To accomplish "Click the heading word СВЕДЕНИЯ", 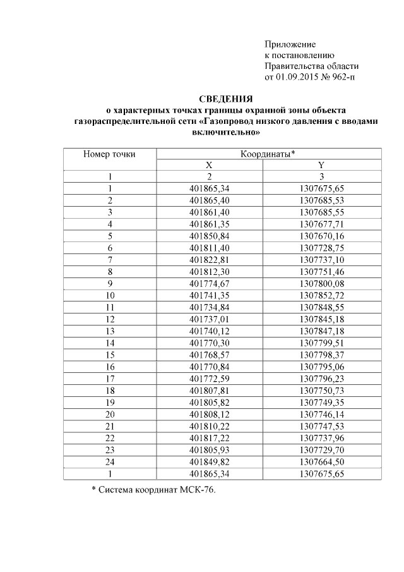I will pyautogui.click(x=225, y=99).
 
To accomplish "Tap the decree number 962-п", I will pyautogui.click(x=342, y=77).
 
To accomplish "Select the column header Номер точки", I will pyautogui.click(x=109, y=154).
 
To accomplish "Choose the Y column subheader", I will pyautogui.click(x=321, y=165).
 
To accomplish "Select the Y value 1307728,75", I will pyautogui.click(x=321, y=247).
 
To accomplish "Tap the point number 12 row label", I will pyautogui.click(x=109, y=319).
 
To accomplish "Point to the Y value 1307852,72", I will pyautogui.click(x=321, y=295).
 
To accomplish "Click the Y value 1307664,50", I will pyautogui.click(x=321, y=461).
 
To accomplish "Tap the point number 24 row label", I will pyautogui.click(x=109, y=461).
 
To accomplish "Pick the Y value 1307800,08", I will pyautogui.click(x=321, y=283).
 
